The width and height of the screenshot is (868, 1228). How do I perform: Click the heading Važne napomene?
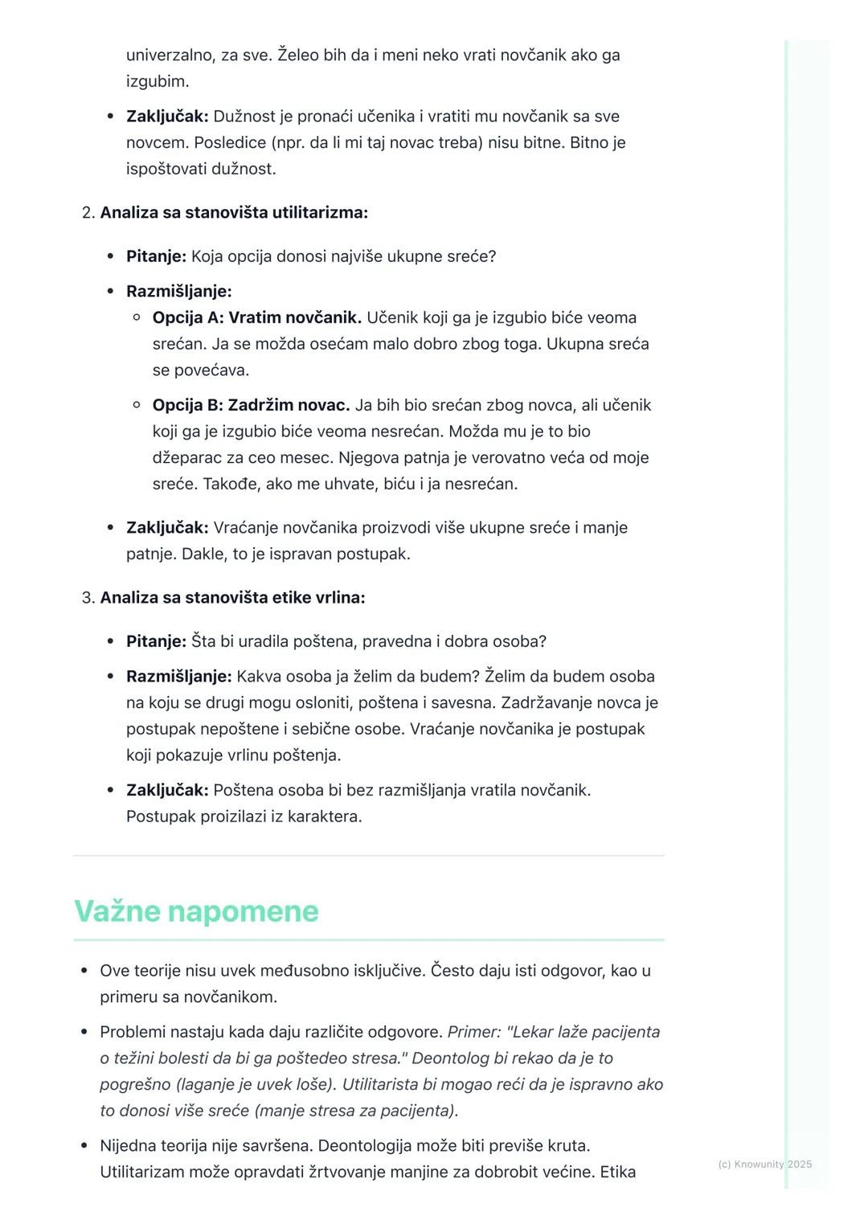click(x=196, y=911)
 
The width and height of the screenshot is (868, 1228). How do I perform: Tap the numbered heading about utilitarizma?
click(x=233, y=212)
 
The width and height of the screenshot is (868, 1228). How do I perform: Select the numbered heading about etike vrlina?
click(x=232, y=597)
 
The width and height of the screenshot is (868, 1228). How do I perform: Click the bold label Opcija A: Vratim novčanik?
click(x=256, y=317)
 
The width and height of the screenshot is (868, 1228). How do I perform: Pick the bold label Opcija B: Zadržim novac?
click(x=251, y=405)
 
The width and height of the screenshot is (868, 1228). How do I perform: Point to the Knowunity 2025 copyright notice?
click(x=764, y=1164)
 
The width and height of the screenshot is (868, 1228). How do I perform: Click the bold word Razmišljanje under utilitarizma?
click(x=178, y=291)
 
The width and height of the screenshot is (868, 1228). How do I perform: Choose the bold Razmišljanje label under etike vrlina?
click(x=178, y=676)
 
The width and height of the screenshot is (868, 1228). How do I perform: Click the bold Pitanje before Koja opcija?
click(x=156, y=256)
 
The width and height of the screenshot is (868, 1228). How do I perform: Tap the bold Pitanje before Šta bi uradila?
click(x=156, y=641)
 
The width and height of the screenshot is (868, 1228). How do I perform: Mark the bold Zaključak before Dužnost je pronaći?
click(x=167, y=117)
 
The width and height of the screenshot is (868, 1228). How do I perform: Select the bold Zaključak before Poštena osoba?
click(x=167, y=790)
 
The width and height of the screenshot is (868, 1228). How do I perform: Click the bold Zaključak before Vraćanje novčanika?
click(x=167, y=528)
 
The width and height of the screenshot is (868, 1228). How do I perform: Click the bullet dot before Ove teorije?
click(x=84, y=971)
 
